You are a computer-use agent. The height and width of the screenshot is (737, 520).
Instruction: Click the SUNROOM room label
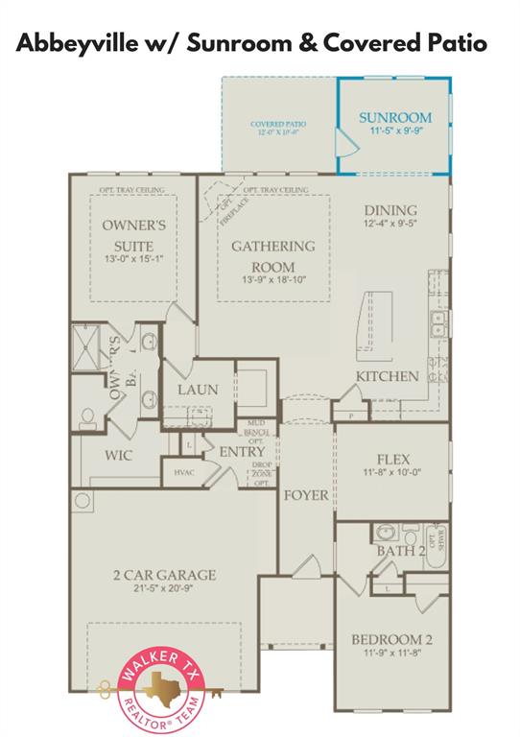tap(394, 118)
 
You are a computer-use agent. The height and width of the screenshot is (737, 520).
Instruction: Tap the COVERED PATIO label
tap(277, 125)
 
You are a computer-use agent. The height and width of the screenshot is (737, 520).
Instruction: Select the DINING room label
tap(390, 211)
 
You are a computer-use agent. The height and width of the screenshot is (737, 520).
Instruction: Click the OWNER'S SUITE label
tap(134, 235)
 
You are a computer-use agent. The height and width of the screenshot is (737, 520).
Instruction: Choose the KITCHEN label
tap(388, 376)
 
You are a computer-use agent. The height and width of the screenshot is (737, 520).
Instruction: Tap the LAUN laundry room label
tap(197, 391)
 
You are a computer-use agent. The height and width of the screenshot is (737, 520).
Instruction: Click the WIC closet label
tap(118, 455)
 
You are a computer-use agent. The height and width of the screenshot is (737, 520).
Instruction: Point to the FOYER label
tap(305, 495)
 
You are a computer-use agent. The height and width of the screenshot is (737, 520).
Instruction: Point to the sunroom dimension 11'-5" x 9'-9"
tap(394, 133)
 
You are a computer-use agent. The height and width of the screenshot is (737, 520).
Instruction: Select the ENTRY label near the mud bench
tap(242, 452)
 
